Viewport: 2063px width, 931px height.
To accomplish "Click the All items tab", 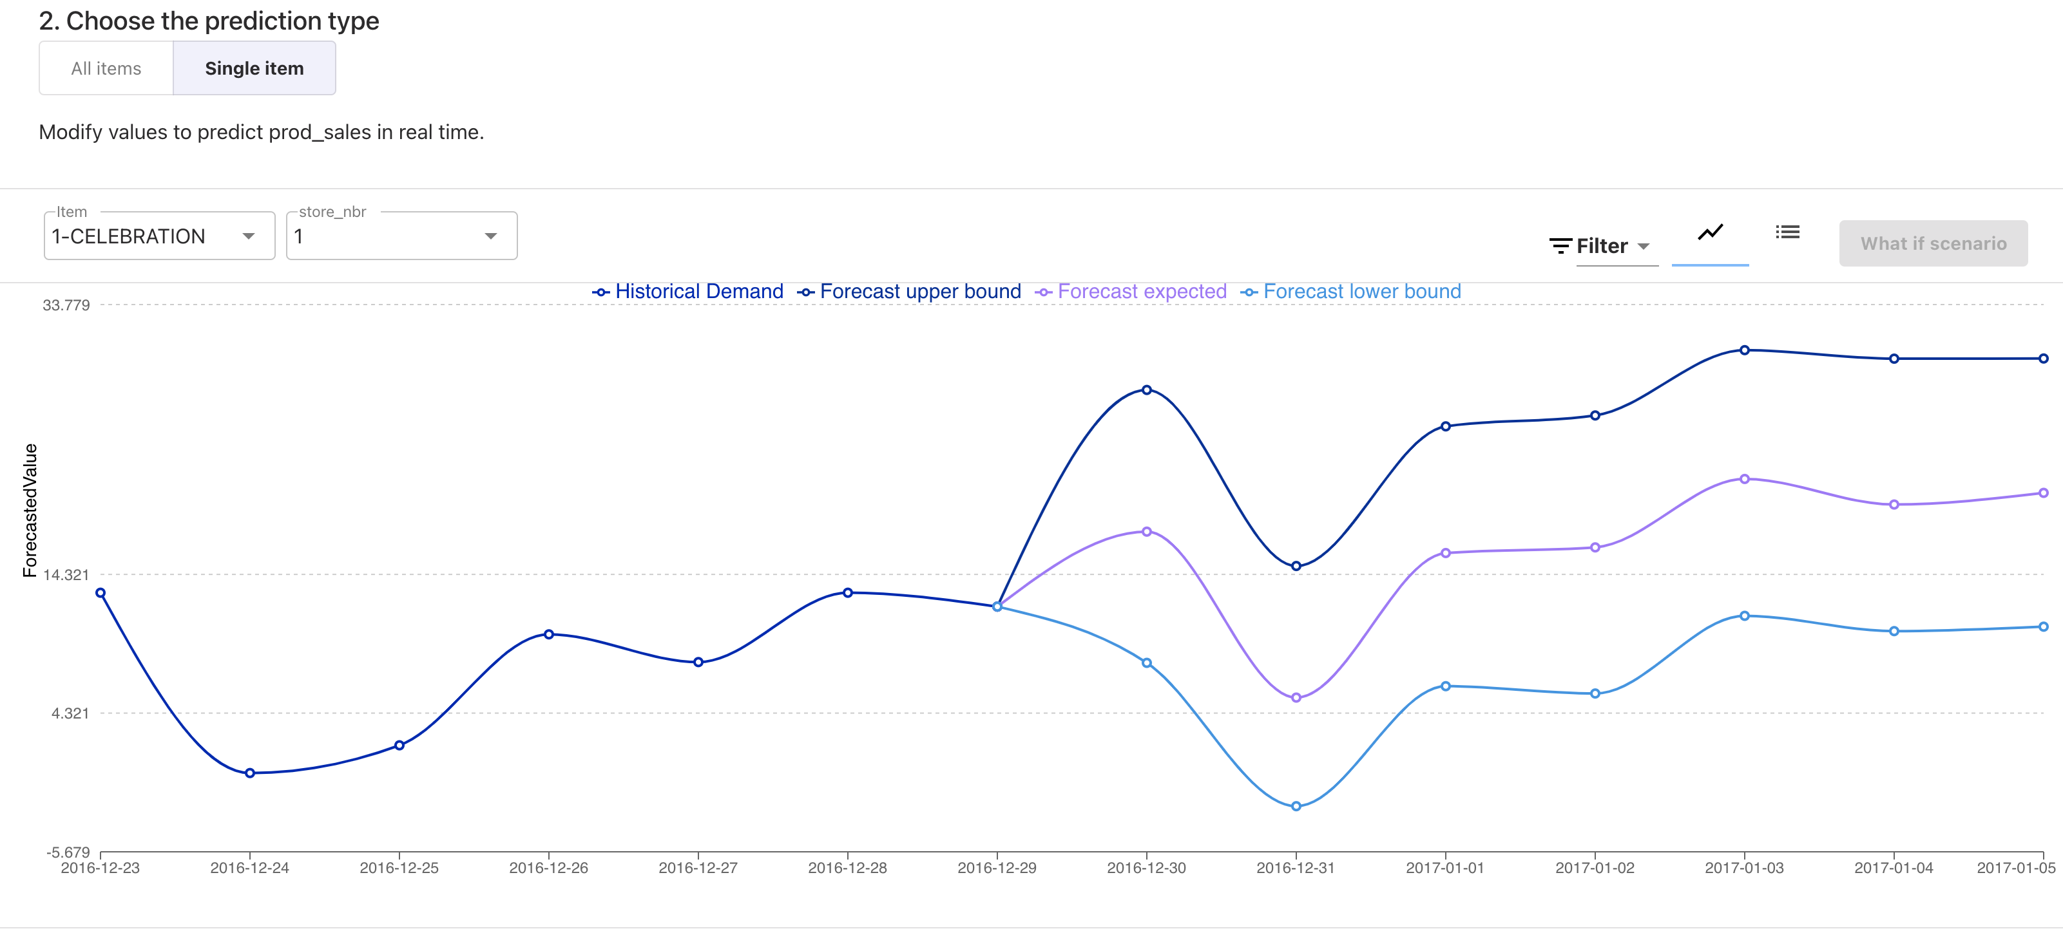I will pyautogui.click(x=106, y=69).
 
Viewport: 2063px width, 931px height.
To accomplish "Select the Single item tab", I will pyautogui.click(x=254, y=69).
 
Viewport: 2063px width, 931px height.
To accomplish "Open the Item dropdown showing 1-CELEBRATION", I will pyautogui.click(x=158, y=236).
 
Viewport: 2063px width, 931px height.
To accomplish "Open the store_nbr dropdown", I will pyautogui.click(x=401, y=236).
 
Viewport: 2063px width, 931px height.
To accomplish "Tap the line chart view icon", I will pyautogui.click(x=1710, y=233).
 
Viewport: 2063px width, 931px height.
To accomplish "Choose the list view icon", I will pyautogui.click(x=1787, y=232).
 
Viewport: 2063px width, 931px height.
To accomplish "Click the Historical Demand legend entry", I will pyautogui.click(x=688, y=292).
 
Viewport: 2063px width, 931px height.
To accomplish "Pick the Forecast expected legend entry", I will pyautogui.click(x=1131, y=292).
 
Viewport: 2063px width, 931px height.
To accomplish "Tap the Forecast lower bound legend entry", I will pyautogui.click(x=1351, y=292).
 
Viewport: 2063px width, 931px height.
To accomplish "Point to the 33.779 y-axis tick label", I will pyautogui.click(x=66, y=305).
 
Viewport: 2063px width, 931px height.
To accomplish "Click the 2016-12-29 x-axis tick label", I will pyautogui.click(x=996, y=868).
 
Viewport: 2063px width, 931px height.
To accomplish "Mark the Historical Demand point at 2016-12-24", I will pyautogui.click(x=250, y=773).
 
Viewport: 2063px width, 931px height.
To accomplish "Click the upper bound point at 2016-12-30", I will pyautogui.click(x=1146, y=390).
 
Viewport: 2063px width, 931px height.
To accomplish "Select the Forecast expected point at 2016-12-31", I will pyautogui.click(x=1296, y=697).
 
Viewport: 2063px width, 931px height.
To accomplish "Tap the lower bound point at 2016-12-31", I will pyautogui.click(x=1296, y=806).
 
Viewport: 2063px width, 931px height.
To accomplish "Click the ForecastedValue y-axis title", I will pyautogui.click(x=30, y=510).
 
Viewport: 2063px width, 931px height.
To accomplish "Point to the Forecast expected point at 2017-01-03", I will pyautogui.click(x=1744, y=479).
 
